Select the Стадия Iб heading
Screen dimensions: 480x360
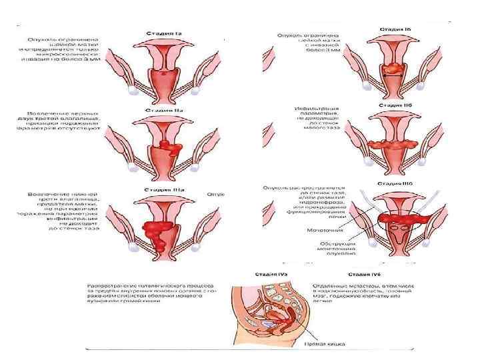(395, 30)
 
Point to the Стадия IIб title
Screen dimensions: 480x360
(395, 105)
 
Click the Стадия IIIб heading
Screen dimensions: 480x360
(395, 182)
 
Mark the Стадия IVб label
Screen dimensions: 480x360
(366, 274)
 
